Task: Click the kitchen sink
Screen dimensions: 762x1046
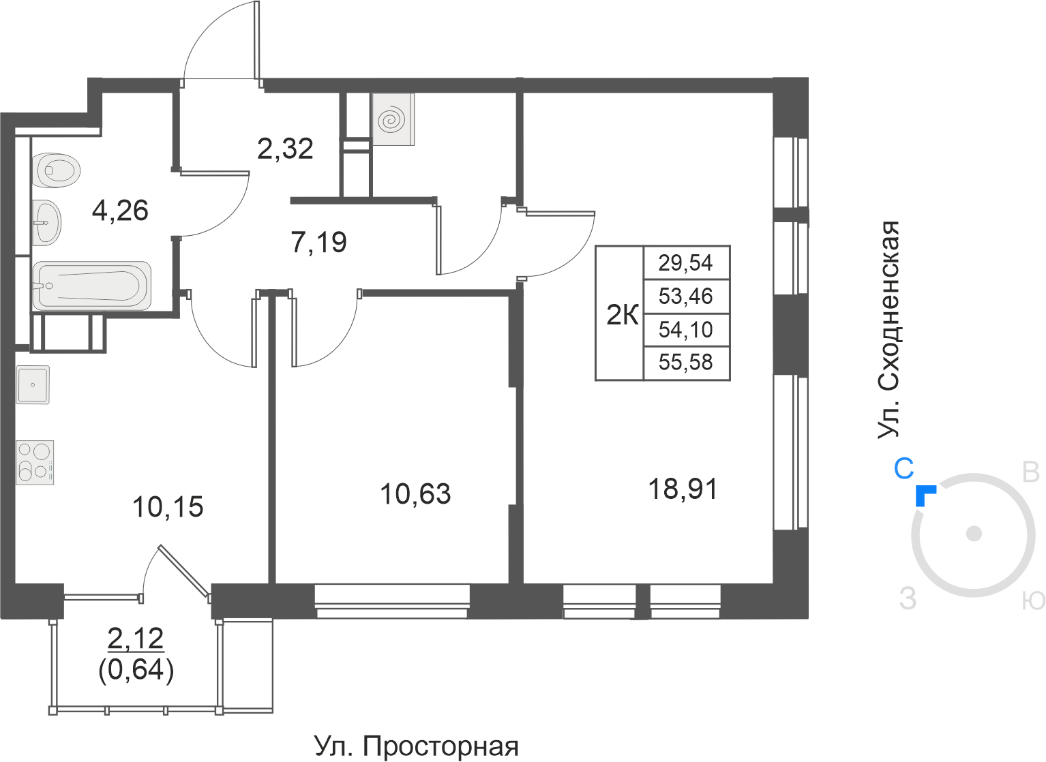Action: (x=33, y=384)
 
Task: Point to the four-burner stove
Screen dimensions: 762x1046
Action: (x=35, y=462)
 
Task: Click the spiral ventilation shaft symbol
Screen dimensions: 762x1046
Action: (x=393, y=121)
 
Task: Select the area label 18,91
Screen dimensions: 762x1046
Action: (x=683, y=489)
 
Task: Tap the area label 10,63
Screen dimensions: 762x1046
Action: (x=415, y=494)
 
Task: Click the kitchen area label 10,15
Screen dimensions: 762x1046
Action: (x=168, y=507)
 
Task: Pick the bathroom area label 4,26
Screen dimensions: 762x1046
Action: (x=120, y=211)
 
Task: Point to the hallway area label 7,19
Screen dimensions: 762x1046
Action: (x=319, y=242)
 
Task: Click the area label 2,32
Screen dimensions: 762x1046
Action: (x=285, y=149)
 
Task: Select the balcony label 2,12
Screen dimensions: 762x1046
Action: (x=136, y=639)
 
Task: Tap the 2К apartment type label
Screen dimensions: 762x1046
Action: (x=622, y=316)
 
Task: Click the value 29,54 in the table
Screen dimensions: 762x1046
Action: (x=685, y=262)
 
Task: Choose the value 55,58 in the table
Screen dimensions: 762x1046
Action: (x=685, y=363)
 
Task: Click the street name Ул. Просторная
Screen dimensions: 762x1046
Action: (x=417, y=746)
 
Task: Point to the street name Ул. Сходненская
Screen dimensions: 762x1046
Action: (x=889, y=330)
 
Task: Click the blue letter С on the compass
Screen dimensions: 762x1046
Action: (x=903, y=469)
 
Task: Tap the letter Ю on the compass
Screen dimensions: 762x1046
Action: (x=1033, y=600)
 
